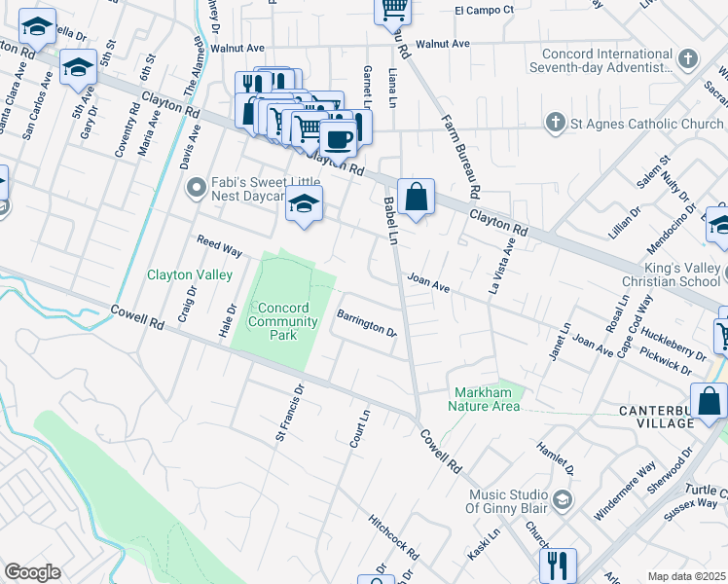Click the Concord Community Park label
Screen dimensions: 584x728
tap(282, 321)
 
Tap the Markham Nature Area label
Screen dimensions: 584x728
tap(486, 399)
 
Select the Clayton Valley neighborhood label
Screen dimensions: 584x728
tap(190, 275)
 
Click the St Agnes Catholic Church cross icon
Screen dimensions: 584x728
tap(555, 124)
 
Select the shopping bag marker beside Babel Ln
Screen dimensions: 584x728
tap(416, 197)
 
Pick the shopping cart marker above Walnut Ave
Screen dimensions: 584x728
tap(393, 9)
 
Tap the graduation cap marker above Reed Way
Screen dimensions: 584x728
tap(305, 205)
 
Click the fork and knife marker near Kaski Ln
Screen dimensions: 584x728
tap(558, 565)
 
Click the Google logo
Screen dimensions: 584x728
tap(32, 572)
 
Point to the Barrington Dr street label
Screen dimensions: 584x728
tap(366, 324)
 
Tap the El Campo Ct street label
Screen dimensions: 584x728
tap(484, 10)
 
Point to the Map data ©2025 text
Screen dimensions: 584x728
tap(686, 576)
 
